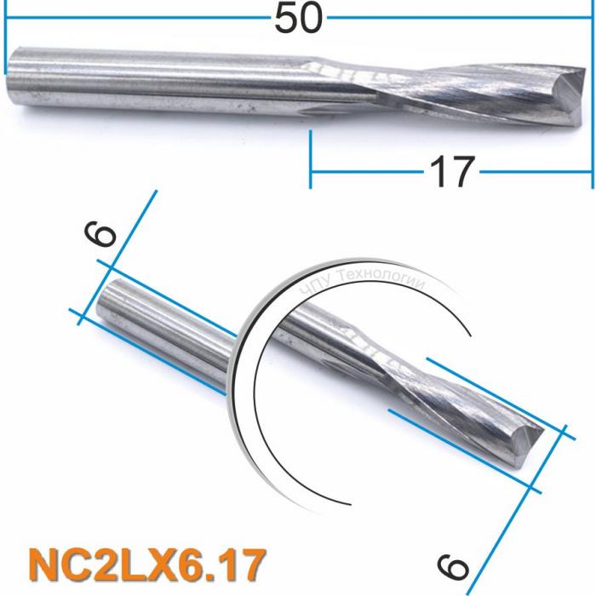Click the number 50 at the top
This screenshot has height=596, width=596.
pos(298,18)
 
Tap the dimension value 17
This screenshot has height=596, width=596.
pos(450,172)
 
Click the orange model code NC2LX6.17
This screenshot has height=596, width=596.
pos(146,564)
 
